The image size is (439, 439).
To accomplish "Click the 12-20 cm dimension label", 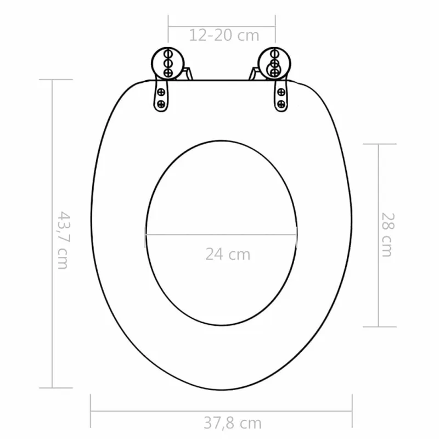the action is click(x=224, y=35).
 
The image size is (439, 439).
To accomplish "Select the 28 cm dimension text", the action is click(x=388, y=235).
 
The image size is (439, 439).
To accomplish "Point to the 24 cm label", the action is click(x=228, y=254).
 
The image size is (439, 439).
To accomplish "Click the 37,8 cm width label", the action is click(x=232, y=423).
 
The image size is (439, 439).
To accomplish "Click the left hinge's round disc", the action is click(x=168, y=64).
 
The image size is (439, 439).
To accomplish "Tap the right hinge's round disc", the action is click(x=274, y=64).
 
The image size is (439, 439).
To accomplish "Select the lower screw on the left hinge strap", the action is click(x=161, y=104).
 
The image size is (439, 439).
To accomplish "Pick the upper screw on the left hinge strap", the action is click(x=161, y=92).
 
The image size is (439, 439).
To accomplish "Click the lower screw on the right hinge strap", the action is click(x=281, y=104).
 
